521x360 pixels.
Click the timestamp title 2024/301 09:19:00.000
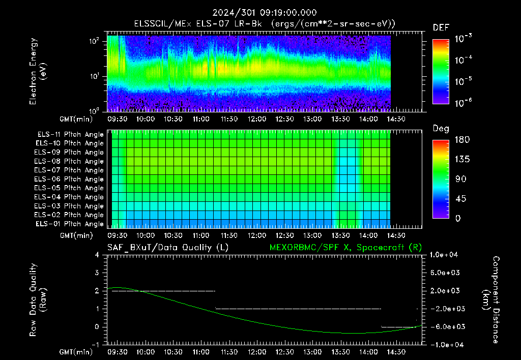click(265, 13)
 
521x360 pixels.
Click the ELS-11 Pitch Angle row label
click(70, 135)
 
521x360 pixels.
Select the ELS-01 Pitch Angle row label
click(69, 224)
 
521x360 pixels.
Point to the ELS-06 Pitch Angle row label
click(69, 179)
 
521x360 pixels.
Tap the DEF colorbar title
click(441, 27)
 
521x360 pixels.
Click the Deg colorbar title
click(441, 129)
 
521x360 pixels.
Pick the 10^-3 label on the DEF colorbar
click(463, 39)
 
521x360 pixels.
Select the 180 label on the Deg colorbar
click(462, 139)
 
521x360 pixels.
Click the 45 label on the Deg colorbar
click(460, 199)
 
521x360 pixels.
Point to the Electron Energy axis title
click(38, 71)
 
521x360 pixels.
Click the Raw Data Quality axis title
click(38, 300)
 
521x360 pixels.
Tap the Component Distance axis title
click(491, 299)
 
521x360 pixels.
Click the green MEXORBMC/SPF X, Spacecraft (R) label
click(345, 248)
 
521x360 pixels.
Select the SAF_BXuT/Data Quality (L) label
click(168, 248)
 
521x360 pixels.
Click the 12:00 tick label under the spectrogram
click(257, 119)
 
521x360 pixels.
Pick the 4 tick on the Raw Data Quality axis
click(97, 255)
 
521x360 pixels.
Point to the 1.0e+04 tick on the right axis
click(444, 255)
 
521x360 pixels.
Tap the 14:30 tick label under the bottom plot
click(396, 352)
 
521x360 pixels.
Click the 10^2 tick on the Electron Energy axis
click(94, 41)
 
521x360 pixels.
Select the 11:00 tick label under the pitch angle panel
click(201, 235)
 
